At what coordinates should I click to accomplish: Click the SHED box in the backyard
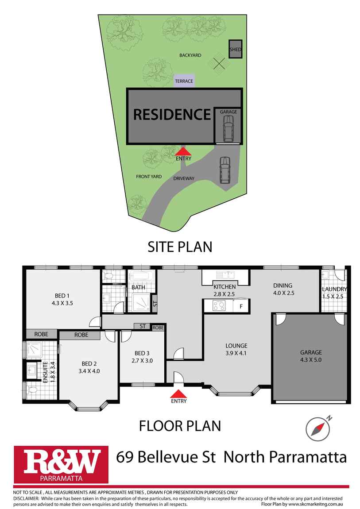[235, 50]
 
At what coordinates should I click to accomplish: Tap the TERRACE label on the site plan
[184, 81]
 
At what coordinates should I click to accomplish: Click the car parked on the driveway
[225, 170]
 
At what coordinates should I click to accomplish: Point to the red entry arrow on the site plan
[183, 151]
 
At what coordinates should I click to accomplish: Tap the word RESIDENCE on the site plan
[172, 115]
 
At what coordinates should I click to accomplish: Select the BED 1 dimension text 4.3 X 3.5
[62, 304]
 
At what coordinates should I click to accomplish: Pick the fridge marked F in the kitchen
[241, 305]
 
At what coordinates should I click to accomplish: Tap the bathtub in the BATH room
[142, 278]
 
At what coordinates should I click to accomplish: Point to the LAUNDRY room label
[334, 289]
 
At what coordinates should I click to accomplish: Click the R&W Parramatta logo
[61, 464]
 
